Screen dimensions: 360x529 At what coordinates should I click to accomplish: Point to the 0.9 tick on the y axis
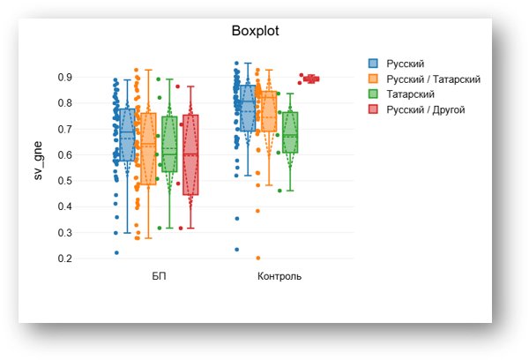(64, 78)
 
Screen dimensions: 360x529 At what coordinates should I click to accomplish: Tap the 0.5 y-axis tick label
(64, 181)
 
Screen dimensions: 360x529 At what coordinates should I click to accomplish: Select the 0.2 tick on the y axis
(64, 259)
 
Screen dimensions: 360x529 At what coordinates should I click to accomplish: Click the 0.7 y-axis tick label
(64, 130)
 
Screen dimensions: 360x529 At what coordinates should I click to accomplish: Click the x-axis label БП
(159, 276)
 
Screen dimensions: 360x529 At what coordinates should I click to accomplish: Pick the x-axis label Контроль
(279, 276)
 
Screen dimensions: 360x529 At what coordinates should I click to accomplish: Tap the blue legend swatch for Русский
(373, 64)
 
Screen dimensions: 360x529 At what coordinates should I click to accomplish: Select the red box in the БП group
(190, 154)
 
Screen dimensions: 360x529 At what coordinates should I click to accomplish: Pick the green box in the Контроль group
(290, 132)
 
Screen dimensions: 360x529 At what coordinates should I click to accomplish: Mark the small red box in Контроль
(311, 79)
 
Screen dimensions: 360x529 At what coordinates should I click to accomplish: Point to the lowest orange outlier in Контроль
(258, 259)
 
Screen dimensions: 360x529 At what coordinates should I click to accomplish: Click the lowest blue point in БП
(116, 253)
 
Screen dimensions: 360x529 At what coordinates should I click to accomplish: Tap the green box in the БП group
(169, 143)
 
